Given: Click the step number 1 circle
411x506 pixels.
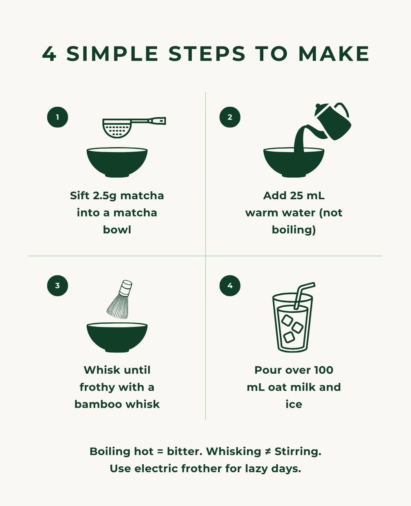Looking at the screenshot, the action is click(57, 117).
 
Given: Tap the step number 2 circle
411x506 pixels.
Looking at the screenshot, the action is click(230, 117).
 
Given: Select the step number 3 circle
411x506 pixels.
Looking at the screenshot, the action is click(57, 285).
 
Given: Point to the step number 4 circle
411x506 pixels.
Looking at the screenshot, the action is click(230, 285).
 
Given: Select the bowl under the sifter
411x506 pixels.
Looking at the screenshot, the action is click(117, 162).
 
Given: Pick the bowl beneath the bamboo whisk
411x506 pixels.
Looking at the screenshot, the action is click(117, 337).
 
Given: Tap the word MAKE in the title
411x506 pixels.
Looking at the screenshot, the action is click(334, 54).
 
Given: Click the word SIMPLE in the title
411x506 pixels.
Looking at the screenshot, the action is click(112, 54).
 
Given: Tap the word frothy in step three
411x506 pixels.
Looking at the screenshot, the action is click(97, 387).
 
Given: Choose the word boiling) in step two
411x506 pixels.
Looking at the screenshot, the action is click(294, 230).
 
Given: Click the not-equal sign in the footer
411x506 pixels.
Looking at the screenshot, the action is click(268, 451).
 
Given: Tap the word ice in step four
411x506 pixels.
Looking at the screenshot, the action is click(294, 404).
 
